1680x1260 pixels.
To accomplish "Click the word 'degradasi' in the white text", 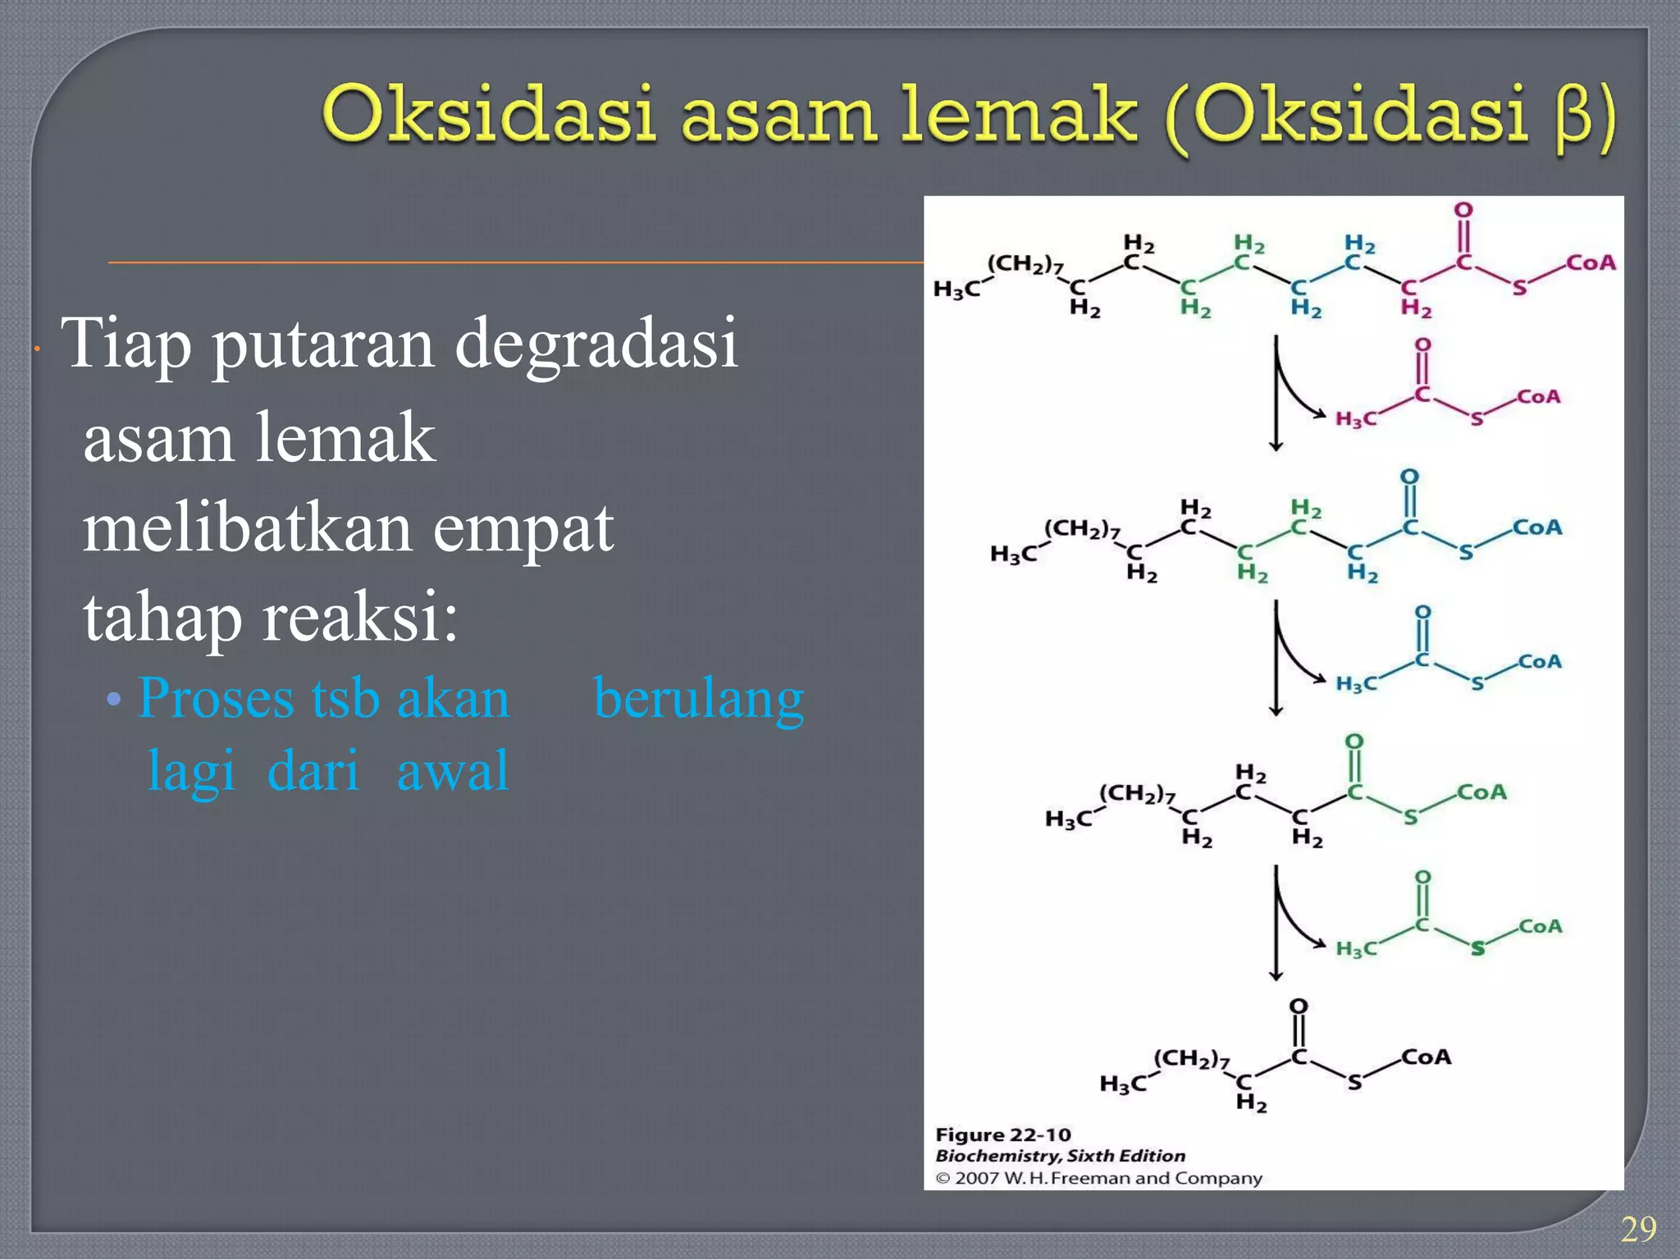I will [x=596, y=343].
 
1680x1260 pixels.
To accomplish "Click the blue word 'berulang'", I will [x=698, y=699].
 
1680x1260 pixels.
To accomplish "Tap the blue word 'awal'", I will [x=453, y=771].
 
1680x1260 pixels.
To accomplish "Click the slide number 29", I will [x=1638, y=1229].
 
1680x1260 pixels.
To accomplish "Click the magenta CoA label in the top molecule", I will [x=1591, y=262].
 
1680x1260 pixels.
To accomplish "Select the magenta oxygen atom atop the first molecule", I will [x=1463, y=210].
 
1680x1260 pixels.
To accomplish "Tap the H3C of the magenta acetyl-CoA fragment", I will [x=1356, y=419].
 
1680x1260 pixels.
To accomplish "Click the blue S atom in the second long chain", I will [x=1466, y=553].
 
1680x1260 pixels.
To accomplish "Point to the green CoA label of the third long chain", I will [x=1481, y=792].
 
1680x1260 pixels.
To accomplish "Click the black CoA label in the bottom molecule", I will [x=1426, y=1057].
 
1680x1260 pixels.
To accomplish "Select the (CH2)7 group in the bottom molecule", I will [x=1191, y=1059].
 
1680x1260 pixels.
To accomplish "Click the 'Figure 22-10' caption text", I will [x=1003, y=1134].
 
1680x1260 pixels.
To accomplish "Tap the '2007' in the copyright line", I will [x=976, y=1179].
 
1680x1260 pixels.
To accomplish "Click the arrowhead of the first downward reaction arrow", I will [x=1276, y=445].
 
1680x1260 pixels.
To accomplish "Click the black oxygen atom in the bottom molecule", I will [x=1299, y=1006].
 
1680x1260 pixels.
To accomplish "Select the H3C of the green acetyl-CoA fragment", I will [x=1356, y=949].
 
